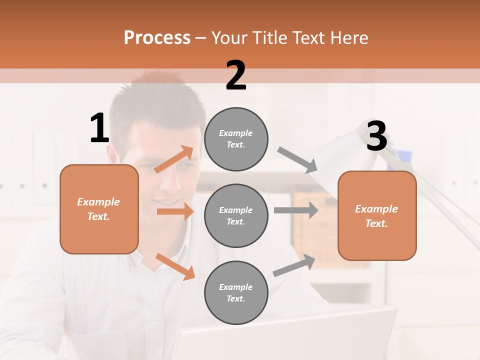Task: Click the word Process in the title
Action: (x=157, y=38)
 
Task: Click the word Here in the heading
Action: (x=347, y=38)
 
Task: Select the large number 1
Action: (x=99, y=128)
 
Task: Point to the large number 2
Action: (x=236, y=76)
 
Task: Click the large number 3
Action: (x=376, y=136)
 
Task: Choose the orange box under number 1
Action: (x=99, y=209)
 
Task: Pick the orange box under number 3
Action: (x=377, y=216)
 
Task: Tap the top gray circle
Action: (x=236, y=139)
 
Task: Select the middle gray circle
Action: (x=236, y=216)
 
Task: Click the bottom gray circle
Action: (x=236, y=293)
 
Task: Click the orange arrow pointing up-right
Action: (x=174, y=159)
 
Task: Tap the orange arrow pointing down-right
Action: (x=175, y=266)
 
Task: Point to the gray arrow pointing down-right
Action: (x=298, y=160)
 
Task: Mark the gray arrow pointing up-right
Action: (x=294, y=265)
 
